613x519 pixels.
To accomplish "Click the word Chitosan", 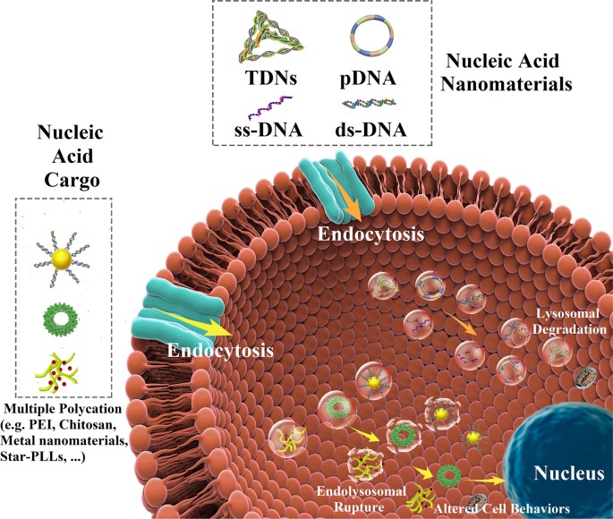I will tap(95, 427).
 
